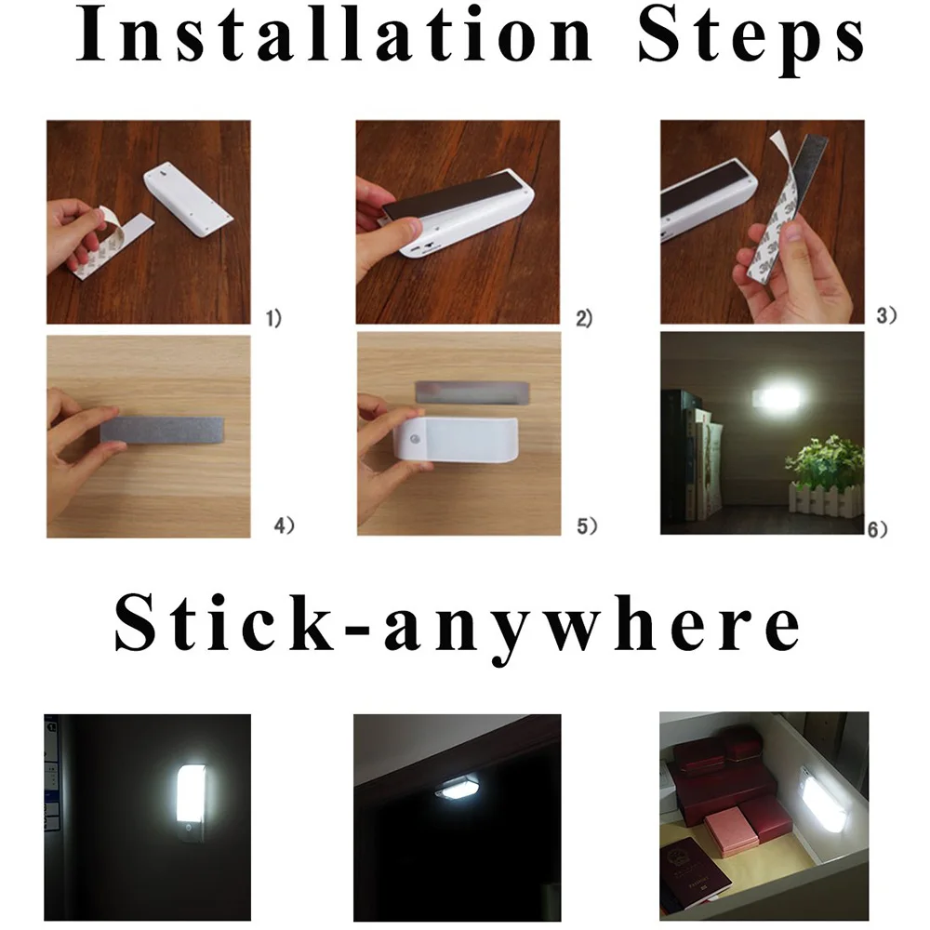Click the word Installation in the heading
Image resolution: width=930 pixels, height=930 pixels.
click(x=335, y=33)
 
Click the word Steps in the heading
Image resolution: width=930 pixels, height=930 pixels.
click(x=751, y=40)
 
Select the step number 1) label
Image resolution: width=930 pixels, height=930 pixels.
click(x=273, y=318)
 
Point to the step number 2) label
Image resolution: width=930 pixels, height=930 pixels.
click(x=584, y=318)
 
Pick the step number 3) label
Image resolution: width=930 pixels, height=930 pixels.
click(x=886, y=315)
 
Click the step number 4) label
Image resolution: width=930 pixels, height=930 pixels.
click(x=284, y=525)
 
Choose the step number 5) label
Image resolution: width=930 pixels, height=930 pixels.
click(x=587, y=525)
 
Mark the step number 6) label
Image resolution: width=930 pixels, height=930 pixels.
click(x=877, y=529)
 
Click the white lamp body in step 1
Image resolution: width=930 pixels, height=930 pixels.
click(x=189, y=199)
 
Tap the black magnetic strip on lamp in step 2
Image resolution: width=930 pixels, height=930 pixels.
click(x=458, y=195)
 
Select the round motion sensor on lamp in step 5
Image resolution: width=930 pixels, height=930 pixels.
click(x=414, y=440)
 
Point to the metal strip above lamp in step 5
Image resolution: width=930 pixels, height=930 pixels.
click(x=472, y=392)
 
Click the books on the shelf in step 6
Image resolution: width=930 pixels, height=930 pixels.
click(x=694, y=455)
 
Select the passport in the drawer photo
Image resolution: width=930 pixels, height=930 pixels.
click(x=694, y=870)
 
